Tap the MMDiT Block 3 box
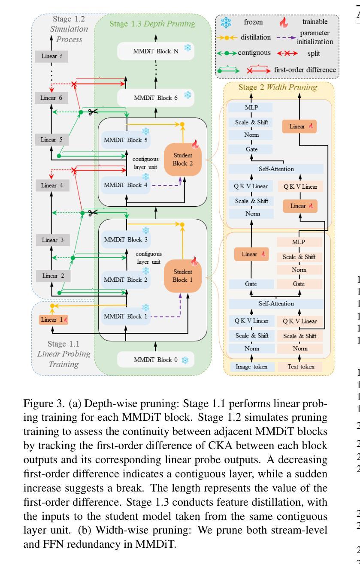click(126, 239)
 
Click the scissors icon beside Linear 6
click(92, 112)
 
